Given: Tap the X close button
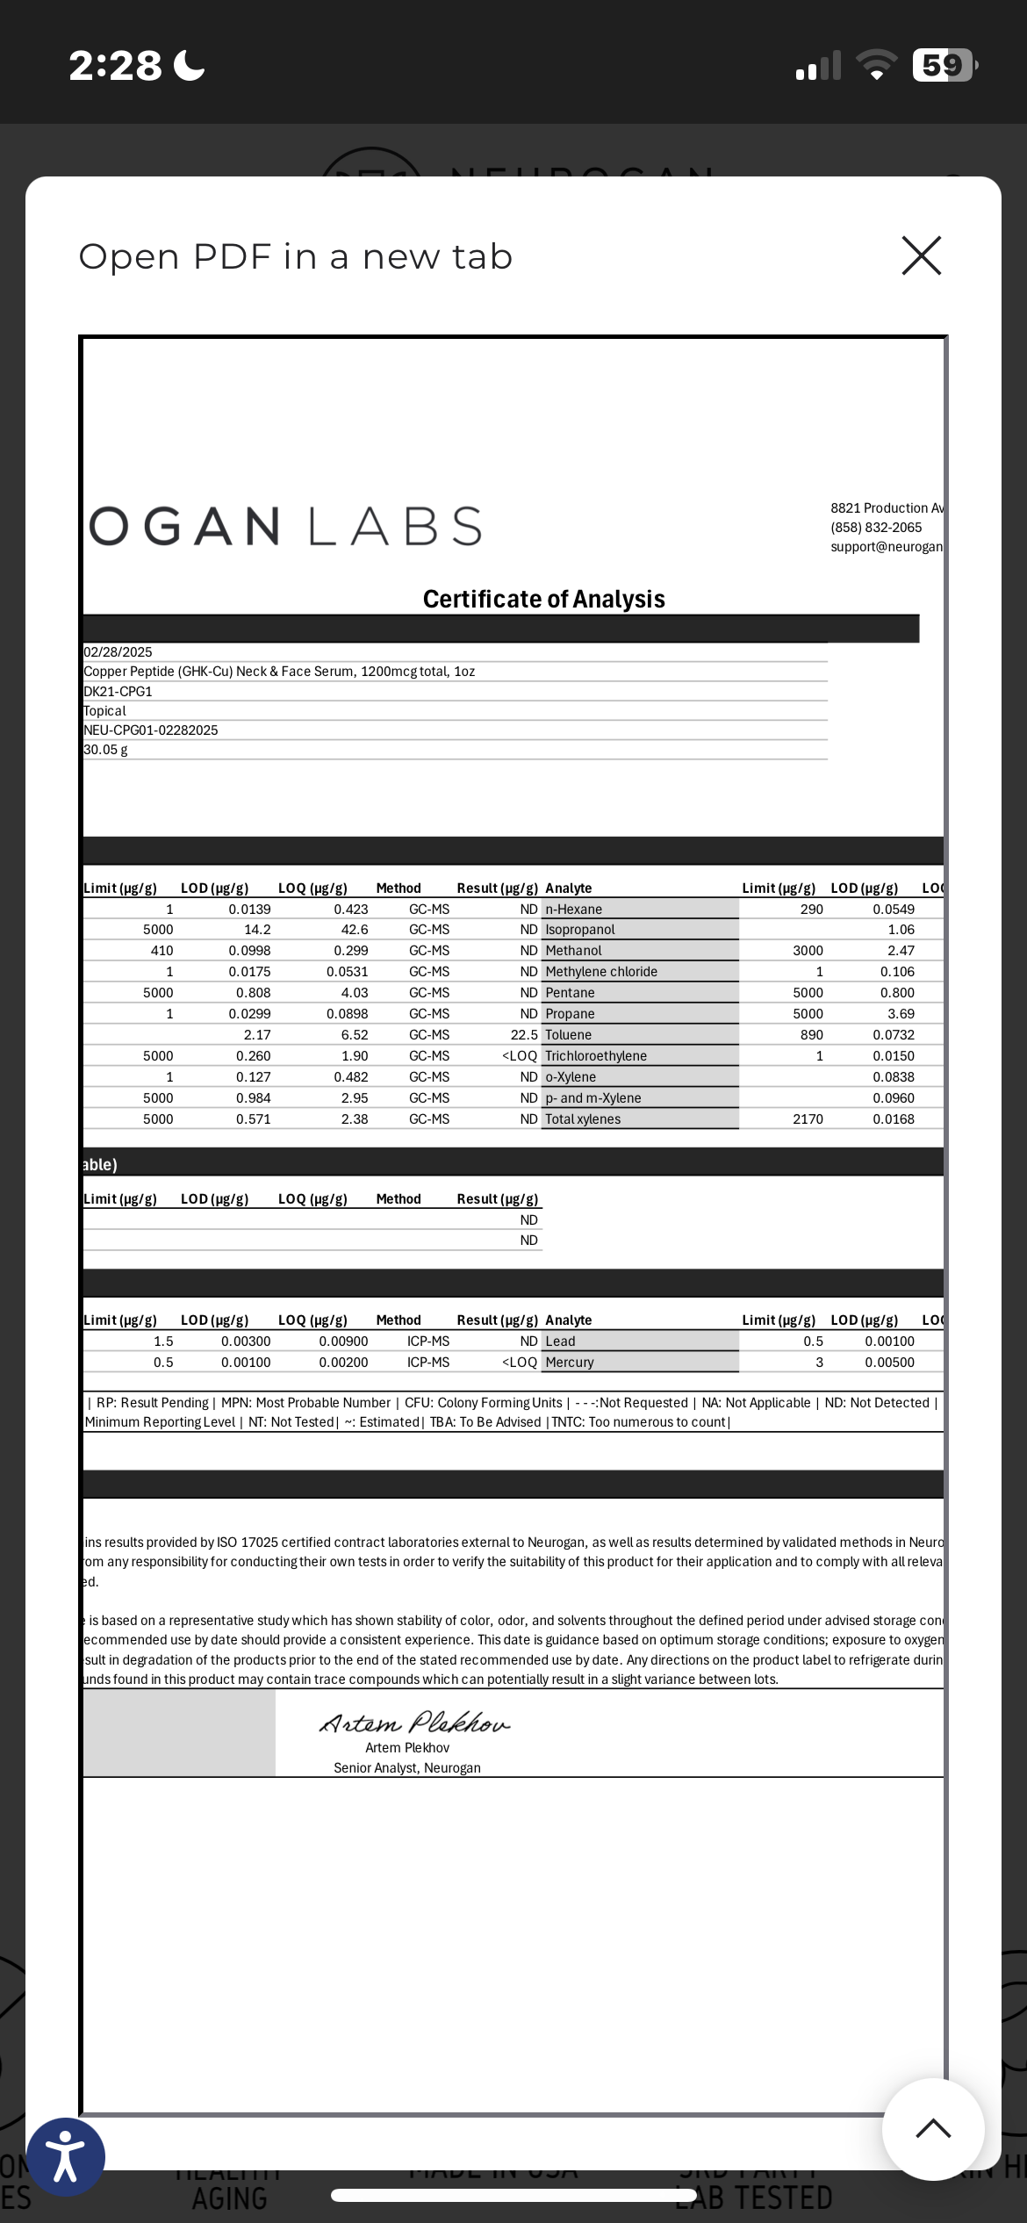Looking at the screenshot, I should [x=921, y=255].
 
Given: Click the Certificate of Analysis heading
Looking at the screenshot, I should [x=543, y=599].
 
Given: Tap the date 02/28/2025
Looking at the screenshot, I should [x=118, y=651].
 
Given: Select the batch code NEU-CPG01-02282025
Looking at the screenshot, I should [x=150, y=730].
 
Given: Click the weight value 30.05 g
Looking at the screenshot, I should [x=105, y=750].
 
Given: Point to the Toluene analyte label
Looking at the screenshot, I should [x=569, y=1035].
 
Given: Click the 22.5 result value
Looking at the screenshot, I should [x=524, y=1035].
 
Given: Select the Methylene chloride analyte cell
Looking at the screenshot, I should [x=601, y=972].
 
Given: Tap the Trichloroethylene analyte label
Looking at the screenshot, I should [x=596, y=1056].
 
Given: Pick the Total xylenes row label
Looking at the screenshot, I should [x=583, y=1119].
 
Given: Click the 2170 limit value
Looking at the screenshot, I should [x=808, y=1119].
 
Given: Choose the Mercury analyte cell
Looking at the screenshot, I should [x=570, y=1363].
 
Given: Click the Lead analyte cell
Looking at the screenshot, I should [x=560, y=1342].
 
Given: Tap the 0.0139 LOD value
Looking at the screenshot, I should [x=249, y=910].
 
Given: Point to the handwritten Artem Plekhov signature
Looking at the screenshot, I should [x=413, y=1723].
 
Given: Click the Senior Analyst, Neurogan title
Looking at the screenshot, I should [x=406, y=1767].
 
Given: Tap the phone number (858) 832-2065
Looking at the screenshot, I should [x=876, y=528].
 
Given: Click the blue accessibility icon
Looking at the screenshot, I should [x=66, y=2156].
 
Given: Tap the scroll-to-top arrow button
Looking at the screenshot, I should [x=933, y=2128].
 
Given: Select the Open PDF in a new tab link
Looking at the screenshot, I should [x=295, y=256].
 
